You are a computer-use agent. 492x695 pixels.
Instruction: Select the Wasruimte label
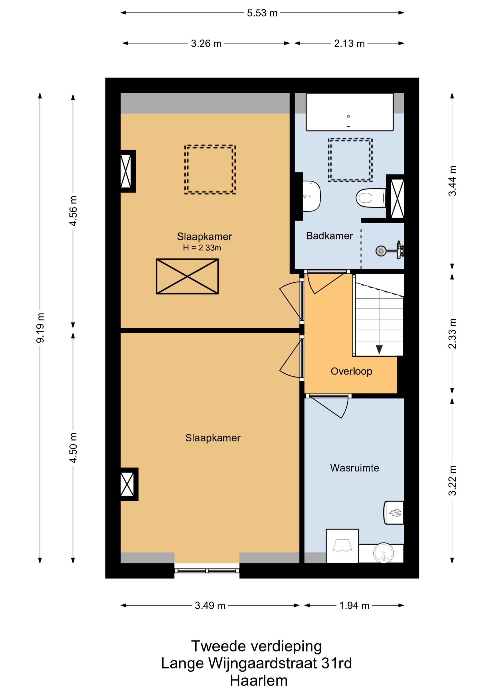click(355, 468)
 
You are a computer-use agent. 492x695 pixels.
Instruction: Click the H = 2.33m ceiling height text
click(202, 248)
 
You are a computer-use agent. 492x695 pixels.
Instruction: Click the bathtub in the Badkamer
click(350, 112)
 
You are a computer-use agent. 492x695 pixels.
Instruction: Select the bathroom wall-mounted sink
click(311, 196)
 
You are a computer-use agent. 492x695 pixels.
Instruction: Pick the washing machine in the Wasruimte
click(342, 546)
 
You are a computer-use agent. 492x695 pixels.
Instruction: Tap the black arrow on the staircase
click(379, 350)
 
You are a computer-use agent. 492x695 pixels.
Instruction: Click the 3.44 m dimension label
click(452, 181)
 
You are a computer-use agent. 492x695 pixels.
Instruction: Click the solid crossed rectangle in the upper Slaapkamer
click(187, 276)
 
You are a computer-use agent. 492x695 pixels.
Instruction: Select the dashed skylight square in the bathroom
click(350, 160)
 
